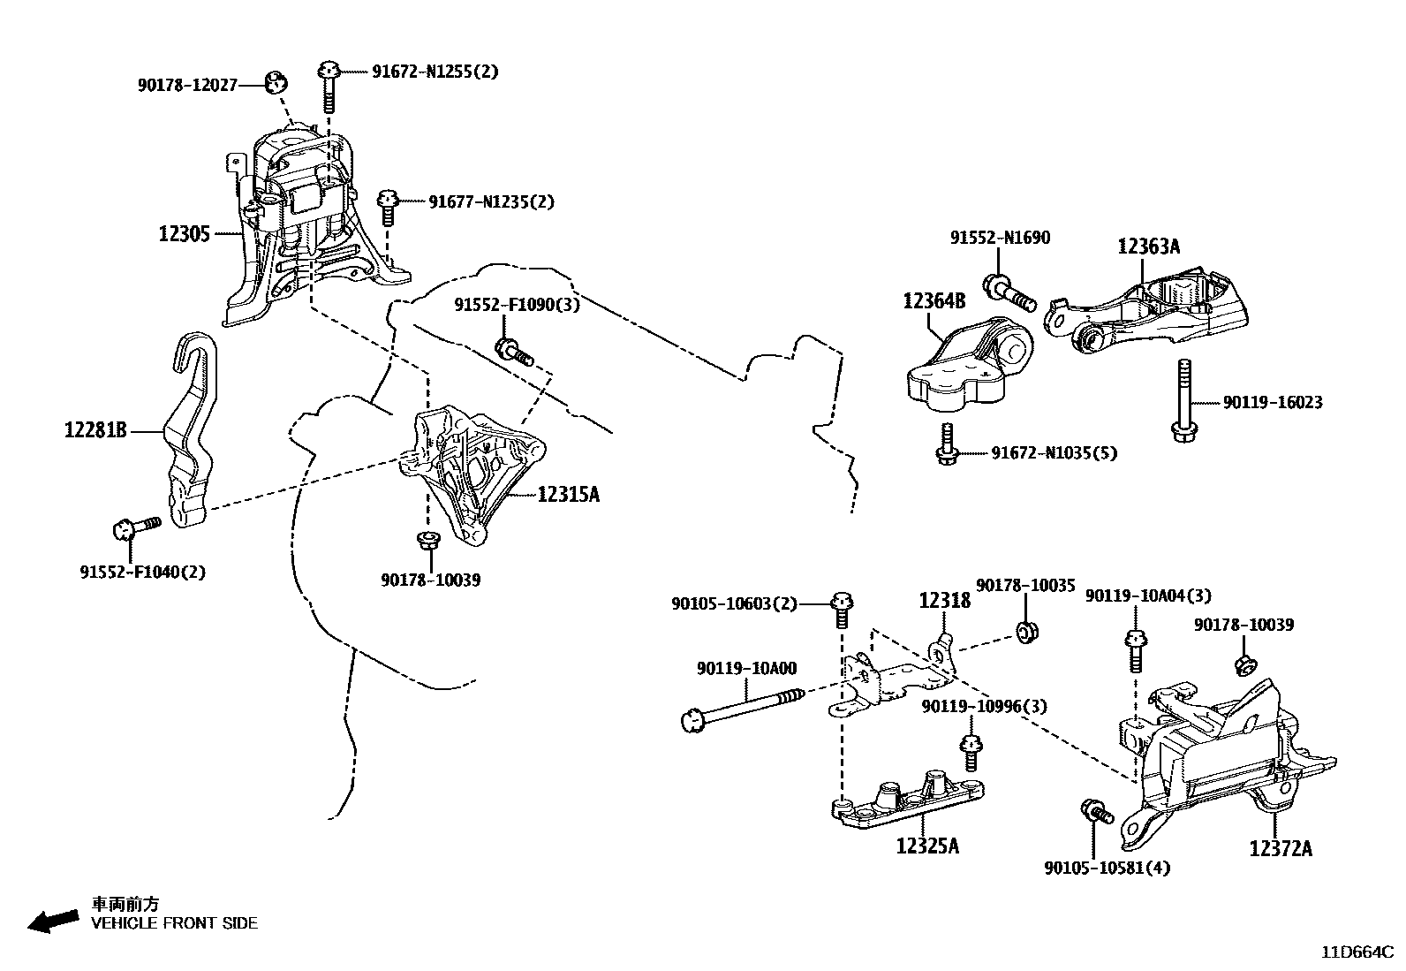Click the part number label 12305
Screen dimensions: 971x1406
184,234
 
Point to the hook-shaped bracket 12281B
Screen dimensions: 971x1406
191,433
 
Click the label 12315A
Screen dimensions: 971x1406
568,495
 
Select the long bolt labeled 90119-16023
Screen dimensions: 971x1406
1182,398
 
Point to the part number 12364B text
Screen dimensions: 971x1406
934,300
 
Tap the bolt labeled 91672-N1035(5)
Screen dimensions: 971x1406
946,444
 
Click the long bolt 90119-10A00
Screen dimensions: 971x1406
742,707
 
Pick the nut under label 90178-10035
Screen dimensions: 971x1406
1027,633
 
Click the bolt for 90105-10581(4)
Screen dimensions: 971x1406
1094,810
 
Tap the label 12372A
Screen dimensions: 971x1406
1280,848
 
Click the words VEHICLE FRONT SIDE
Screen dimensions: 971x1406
175,923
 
